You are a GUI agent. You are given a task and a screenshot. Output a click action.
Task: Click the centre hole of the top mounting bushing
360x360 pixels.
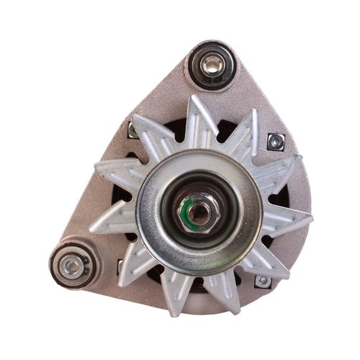[210, 66]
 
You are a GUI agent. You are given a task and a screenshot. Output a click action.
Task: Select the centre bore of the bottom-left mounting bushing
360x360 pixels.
[71, 266]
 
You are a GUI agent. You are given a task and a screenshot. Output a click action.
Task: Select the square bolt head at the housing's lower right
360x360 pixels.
[264, 279]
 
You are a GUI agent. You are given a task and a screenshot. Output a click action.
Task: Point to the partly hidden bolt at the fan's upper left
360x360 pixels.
[133, 130]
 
